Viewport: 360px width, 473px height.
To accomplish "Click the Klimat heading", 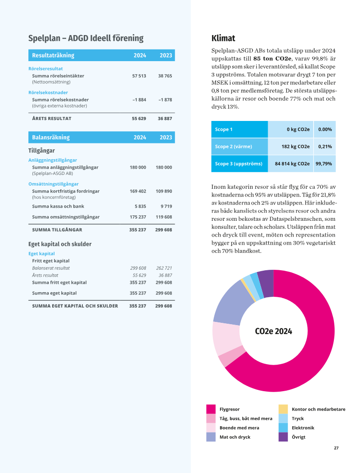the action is click(223, 38).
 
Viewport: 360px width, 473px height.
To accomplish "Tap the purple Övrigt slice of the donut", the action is click(266, 284).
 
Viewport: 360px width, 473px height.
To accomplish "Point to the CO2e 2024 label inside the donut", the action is click(273, 331).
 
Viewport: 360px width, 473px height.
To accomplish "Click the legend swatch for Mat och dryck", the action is click(211, 437).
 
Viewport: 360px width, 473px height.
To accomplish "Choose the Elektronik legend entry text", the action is click(303, 428).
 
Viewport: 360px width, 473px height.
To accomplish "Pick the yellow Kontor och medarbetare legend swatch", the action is click(283, 409).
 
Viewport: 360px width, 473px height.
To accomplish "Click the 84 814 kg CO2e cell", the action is click(292, 164).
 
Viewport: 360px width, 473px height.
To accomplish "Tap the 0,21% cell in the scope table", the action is click(325, 147).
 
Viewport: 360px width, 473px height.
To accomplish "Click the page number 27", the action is click(336, 448).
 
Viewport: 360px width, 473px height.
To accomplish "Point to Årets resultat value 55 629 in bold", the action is click(139, 119).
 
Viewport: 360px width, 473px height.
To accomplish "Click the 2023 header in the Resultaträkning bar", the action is click(166, 55).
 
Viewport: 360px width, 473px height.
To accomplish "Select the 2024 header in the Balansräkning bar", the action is click(140, 138).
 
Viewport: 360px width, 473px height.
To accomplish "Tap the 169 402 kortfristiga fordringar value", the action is click(138, 191).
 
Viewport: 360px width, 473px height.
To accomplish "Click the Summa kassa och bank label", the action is click(58, 206).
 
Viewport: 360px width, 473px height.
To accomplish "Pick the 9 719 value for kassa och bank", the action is click(166, 206).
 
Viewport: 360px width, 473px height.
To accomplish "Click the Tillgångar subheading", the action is click(42, 151).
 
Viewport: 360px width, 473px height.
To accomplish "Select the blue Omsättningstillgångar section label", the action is click(54, 184).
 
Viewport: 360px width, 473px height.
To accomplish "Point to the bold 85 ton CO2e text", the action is click(273, 58).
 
